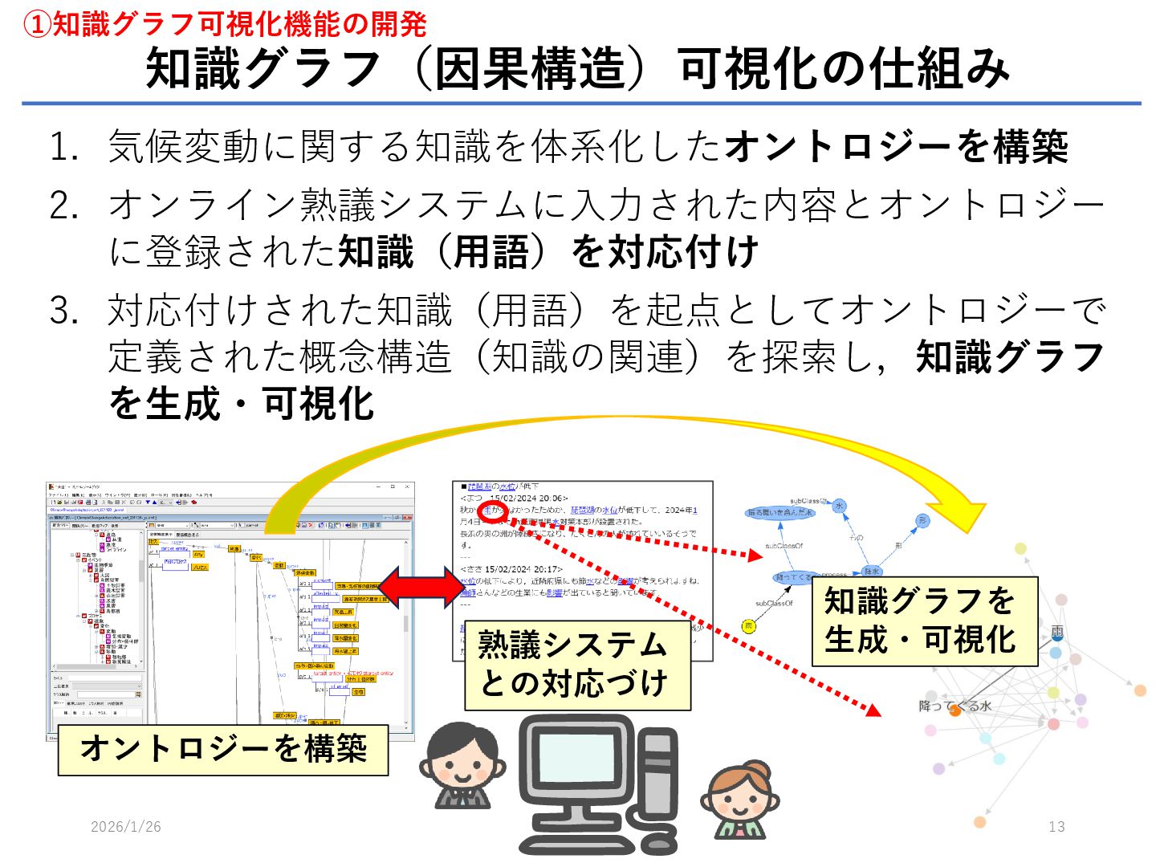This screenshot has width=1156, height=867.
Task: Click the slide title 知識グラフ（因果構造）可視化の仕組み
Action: (578, 68)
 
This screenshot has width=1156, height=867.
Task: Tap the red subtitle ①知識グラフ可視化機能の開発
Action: (225, 24)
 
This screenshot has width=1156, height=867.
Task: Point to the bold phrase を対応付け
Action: (665, 252)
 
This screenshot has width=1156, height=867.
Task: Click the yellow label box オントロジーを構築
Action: (223, 749)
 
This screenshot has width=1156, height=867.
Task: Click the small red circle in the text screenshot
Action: (493, 511)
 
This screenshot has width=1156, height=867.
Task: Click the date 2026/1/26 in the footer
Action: (126, 826)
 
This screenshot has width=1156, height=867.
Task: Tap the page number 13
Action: (1056, 826)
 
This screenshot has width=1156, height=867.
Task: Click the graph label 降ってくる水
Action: (955, 706)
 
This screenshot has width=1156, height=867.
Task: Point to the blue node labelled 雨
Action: (1057, 633)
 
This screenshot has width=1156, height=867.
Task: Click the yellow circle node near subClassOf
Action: (749, 626)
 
